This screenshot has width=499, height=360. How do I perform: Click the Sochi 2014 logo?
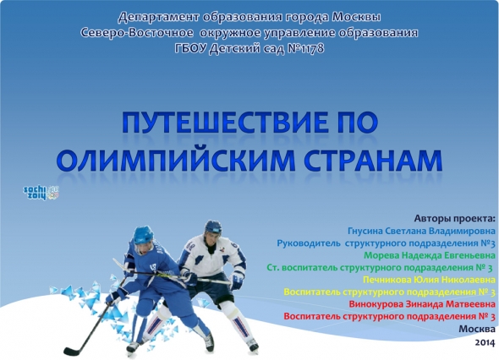41,193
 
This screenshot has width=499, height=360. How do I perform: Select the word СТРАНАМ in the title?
373,160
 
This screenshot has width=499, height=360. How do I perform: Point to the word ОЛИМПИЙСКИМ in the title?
176,160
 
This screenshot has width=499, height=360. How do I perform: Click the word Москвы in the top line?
356,17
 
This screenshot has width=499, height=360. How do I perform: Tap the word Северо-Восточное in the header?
137,33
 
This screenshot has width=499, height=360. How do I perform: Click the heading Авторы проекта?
455,219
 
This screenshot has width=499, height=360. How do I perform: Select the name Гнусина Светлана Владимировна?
421,231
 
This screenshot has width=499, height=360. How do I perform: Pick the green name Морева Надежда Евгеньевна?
430,255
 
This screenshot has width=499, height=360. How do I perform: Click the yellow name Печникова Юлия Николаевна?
430,280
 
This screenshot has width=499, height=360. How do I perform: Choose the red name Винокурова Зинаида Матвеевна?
422,304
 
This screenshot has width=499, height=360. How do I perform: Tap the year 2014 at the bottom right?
485,342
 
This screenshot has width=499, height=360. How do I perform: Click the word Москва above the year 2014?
477,329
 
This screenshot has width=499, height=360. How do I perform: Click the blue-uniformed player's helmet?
143,235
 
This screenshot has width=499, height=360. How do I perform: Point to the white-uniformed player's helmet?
213,227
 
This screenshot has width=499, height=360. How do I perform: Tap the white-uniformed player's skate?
252,345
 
